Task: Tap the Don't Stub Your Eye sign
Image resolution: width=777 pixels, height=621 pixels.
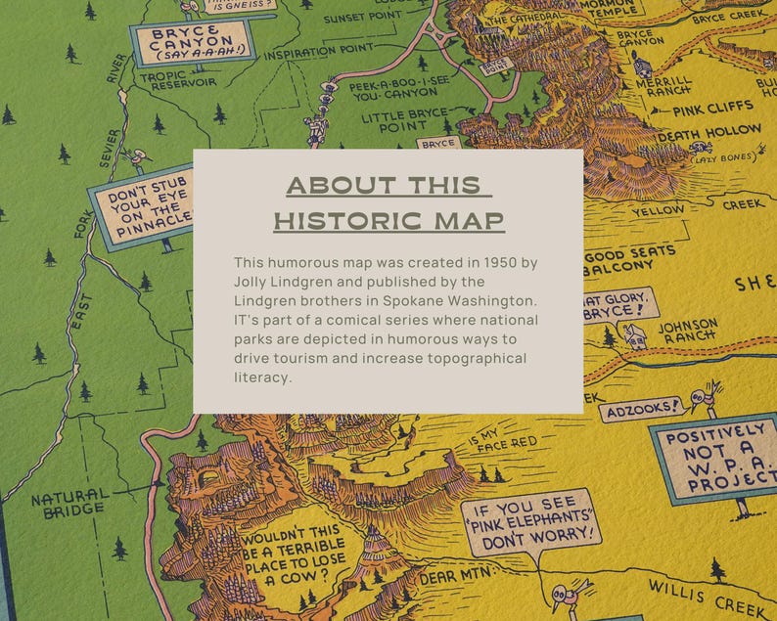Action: tap(145, 208)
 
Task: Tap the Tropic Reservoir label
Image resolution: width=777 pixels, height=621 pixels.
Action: tap(177, 79)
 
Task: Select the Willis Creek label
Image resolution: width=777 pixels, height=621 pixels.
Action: tap(721, 591)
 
